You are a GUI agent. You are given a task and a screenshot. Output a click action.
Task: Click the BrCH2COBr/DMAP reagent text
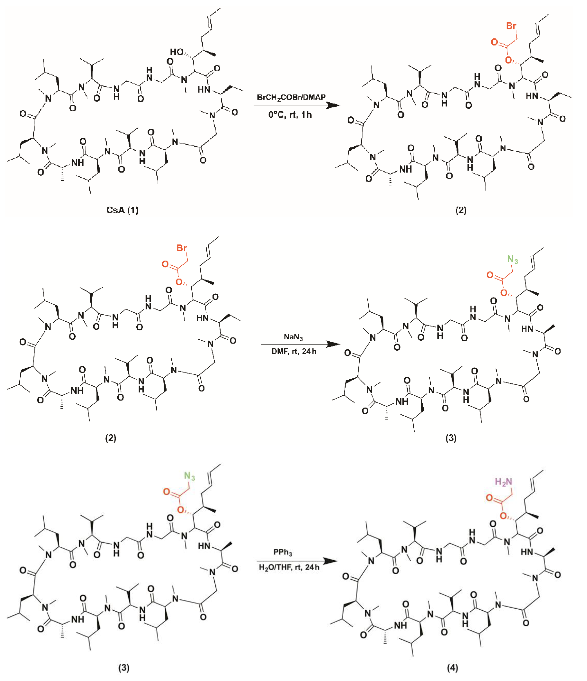(x=291, y=97)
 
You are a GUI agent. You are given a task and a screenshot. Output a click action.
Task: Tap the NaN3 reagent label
(x=293, y=337)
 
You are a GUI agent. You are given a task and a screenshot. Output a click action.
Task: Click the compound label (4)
(x=452, y=668)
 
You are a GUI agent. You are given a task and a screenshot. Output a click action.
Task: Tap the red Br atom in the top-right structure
(x=511, y=26)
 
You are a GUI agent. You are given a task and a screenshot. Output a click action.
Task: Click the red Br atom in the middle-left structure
(x=182, y=248)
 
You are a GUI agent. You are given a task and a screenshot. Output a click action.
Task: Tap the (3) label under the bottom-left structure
(x=123, y=668)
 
